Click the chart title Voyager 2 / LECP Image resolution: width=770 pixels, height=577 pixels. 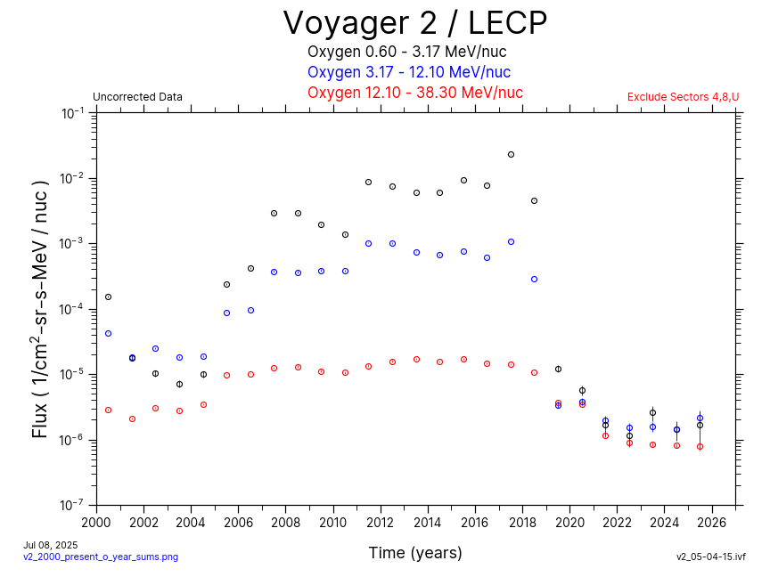414,23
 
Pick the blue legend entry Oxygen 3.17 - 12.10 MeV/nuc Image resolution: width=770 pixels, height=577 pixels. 409,72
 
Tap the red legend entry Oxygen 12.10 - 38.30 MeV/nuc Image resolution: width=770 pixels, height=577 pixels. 414,93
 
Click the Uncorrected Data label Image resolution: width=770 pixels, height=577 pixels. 137,97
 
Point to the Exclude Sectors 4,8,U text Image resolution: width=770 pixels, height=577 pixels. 683,97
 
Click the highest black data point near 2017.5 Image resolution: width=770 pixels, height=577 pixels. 511,155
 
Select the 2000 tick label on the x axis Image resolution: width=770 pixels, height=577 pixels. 96,522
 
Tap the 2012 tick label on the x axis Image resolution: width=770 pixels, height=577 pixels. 381,522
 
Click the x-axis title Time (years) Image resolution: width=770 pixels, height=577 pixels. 415,553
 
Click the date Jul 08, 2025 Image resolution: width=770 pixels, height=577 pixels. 51,544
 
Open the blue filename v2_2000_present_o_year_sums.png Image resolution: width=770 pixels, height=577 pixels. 101,557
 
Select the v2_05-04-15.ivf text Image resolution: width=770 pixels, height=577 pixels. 710,557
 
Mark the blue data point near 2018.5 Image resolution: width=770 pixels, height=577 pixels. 535,280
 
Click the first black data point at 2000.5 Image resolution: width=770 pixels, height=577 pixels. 108,297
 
